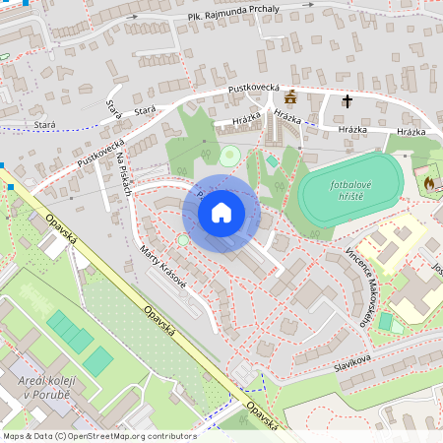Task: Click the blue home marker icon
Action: tap(221, 212)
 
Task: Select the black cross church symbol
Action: tap(347, 100)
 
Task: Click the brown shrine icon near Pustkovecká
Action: tap(289, 97)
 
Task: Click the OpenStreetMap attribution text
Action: tap(99, 435)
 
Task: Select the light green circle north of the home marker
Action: tap(229, 155)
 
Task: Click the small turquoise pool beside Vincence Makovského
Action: tap(385, 321)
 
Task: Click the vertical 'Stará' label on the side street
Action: tap(112, 109)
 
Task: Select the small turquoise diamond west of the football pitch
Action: tap(273, 160)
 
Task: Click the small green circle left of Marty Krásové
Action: tap(183, 239)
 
